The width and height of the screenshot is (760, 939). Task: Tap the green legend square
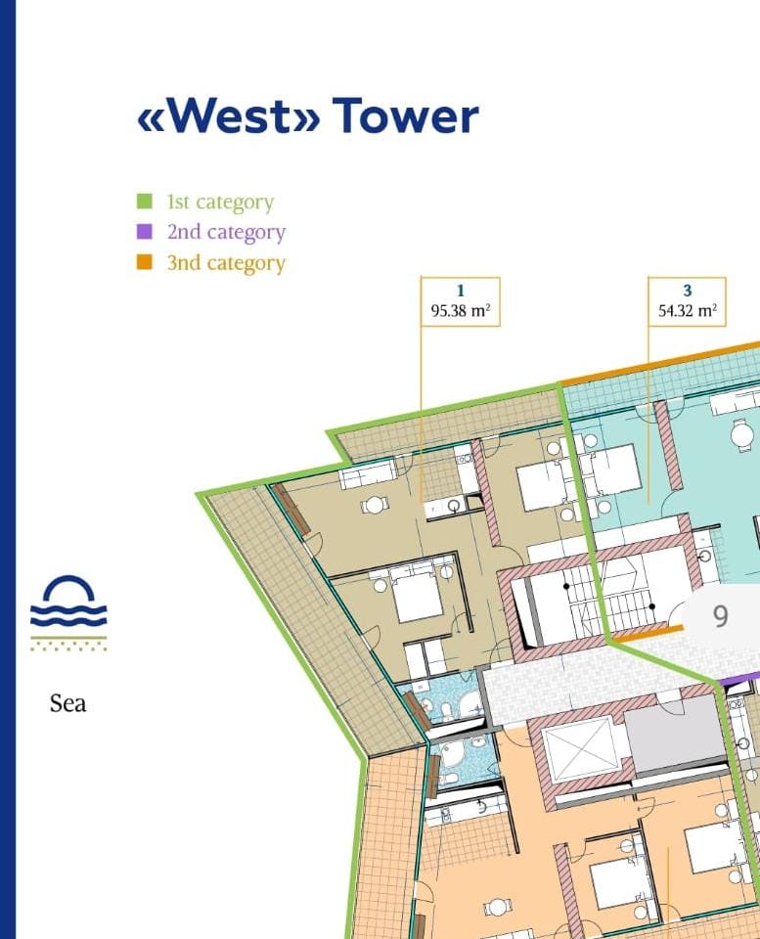(144, 202)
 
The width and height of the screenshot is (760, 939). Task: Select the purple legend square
(144, 232)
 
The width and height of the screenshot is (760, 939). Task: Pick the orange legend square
(144, 262)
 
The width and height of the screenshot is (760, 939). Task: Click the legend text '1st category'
(220, 202)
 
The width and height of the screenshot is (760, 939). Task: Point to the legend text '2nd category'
(226, 233)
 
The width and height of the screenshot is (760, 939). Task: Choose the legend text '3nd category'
(226, 263)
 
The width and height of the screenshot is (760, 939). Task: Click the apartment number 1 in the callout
(461, 291)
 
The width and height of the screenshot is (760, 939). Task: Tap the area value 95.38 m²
(461, 312)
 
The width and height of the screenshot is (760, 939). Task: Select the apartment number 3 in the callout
(688, 291)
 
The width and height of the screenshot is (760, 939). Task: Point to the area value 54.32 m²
(688, 312)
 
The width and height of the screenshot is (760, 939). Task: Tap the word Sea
(68, 702)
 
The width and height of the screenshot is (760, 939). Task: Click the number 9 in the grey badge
(721, 617)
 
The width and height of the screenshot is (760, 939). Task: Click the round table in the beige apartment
(374, 506)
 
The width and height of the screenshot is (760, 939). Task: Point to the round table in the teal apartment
(742, 430)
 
